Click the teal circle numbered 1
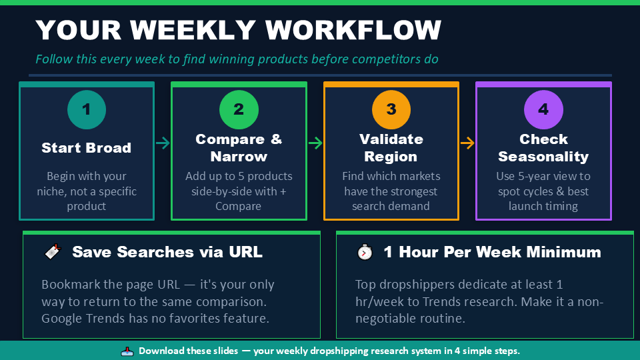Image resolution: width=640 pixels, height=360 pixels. point(87,109)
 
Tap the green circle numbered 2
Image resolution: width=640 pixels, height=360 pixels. point(239,109)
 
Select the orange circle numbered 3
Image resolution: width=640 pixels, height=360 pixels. point(391,109)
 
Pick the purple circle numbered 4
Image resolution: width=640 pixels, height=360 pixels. point(543,109)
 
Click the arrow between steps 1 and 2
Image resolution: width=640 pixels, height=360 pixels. point(163,143)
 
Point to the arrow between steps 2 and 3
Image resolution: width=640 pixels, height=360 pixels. point(315,143)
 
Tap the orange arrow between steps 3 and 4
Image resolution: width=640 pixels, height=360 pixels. point(467,143)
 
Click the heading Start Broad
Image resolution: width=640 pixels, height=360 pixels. point(87,148)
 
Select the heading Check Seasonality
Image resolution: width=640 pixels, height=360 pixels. point(543,148)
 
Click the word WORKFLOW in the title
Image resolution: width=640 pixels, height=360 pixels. point(353,30)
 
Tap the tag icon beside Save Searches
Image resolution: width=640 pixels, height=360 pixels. point(53,252)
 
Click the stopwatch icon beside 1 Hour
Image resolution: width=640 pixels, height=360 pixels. point(365,252)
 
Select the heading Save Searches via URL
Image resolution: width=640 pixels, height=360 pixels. point(167,252)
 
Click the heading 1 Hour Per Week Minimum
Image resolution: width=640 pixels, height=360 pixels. point(492,252)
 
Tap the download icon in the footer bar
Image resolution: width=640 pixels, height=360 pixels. point(127,351)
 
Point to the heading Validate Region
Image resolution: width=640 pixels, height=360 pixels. point(391,148)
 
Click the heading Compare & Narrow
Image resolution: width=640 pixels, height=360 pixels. point(239,148)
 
